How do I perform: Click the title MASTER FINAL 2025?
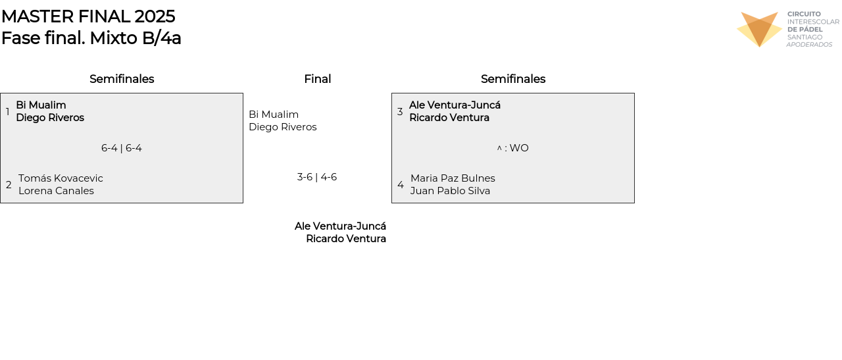(x=88, y=16)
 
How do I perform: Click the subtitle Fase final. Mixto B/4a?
(x=91, y=38)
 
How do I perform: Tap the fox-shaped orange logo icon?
(x=759, y=29)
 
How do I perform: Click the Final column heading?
(x=317, y=79)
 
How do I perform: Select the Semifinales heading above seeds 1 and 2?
(x=122, y=79)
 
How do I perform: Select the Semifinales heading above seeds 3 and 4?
(x=513, y=79)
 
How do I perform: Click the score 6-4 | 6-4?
(x=122, y=148)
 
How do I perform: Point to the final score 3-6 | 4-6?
(x=317, y=177)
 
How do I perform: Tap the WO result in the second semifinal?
(x=518, y=148)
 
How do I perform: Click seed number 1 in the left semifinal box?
(x=8, y=112)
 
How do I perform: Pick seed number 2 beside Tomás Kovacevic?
(x=9, y=185)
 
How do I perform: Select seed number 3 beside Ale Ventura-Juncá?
(x=400, y=112)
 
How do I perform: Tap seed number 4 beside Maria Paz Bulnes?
(x=401, y=185)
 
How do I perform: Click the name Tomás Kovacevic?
(x=61, y=178)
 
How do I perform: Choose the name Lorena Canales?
(x=56, y=191)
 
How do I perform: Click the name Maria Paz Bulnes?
(x=453, y=178)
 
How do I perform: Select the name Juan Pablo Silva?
(x=450, y=191)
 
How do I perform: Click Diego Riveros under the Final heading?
(x=283, y=127)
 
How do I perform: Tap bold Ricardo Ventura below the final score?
(x=346, y=239)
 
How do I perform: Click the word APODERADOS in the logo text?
(x=809, y=45)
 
